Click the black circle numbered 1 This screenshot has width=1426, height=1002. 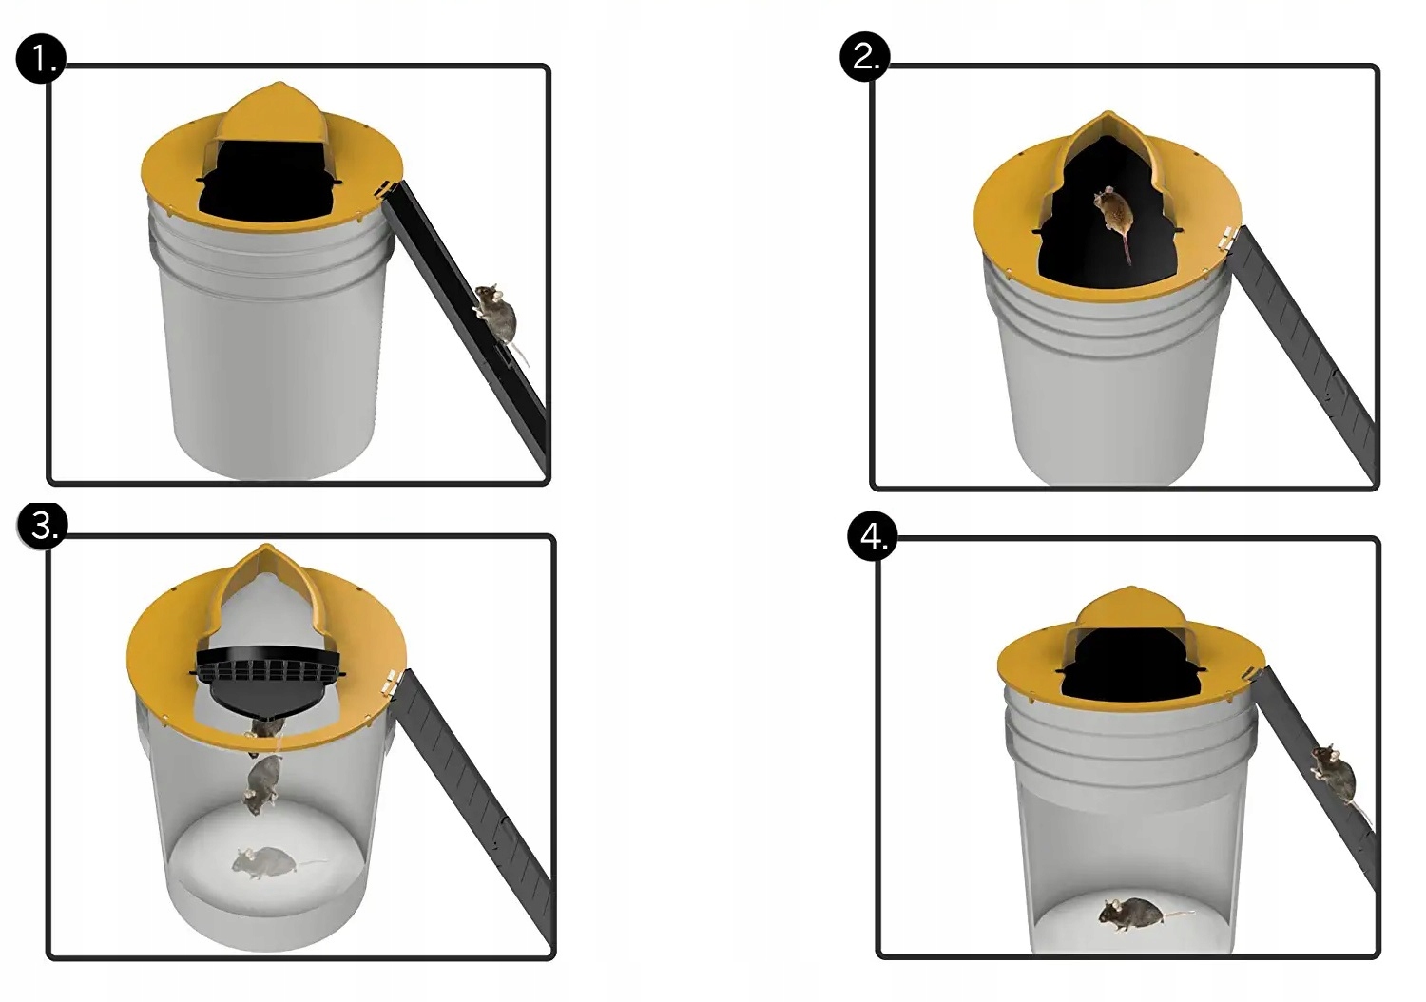(x=41, y=59)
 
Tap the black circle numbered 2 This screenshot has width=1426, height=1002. (x=864, y=57)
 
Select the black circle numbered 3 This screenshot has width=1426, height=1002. (x=42, y=526)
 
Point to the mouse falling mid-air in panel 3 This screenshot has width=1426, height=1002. (x=261, y=784)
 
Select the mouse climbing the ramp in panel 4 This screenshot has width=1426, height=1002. (x=1336, y=778)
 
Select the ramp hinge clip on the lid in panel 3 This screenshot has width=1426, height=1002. (x=390, y=683)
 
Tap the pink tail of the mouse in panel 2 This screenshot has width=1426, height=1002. (x=1127, y=249)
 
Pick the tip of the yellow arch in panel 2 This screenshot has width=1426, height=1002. (x=1108, y=112)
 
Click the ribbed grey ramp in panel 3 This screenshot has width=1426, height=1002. (x=474, y=808)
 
